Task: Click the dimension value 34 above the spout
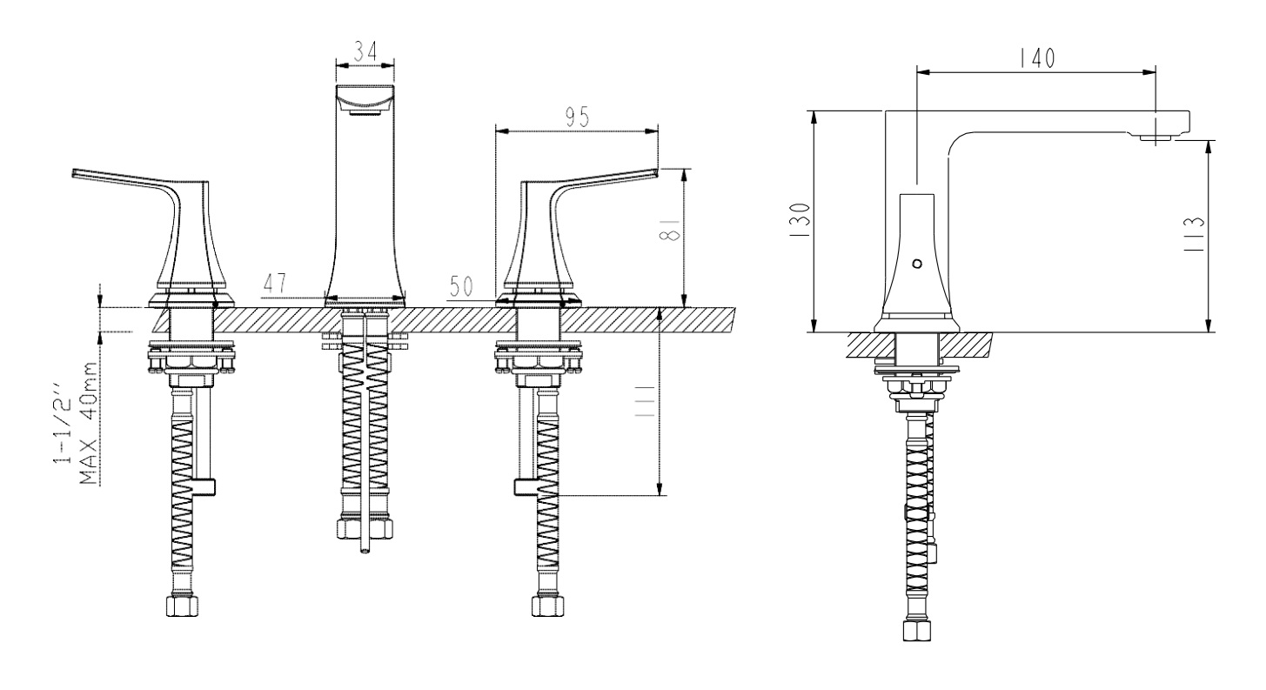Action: (x=365, y=52)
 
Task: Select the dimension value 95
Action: (x=577, y=117)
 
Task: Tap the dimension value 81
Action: (x=669, y=229)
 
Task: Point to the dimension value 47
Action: (x=275, y=284)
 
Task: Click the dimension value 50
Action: (x=461, y=286)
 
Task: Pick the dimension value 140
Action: (x=1037, y=58)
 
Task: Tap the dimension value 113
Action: (x=1195, y=235)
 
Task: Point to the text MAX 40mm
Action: (x=88, y=424)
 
